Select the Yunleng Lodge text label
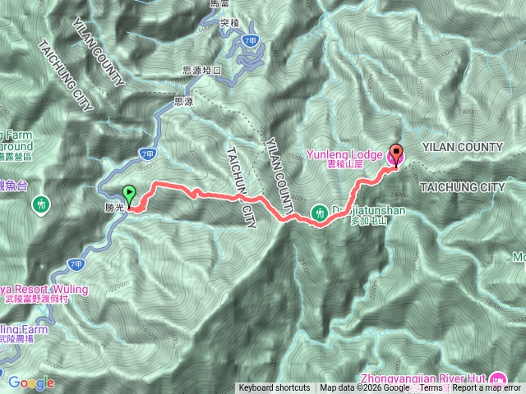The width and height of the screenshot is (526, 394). click(344, 153)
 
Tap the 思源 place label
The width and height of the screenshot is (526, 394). click(185, 102)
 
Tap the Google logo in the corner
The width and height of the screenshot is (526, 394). click(31, 383)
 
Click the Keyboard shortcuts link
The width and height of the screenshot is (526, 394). click(275, 388)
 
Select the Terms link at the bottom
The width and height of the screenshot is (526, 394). click(431, 388)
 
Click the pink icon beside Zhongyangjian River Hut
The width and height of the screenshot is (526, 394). click(497, 379)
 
